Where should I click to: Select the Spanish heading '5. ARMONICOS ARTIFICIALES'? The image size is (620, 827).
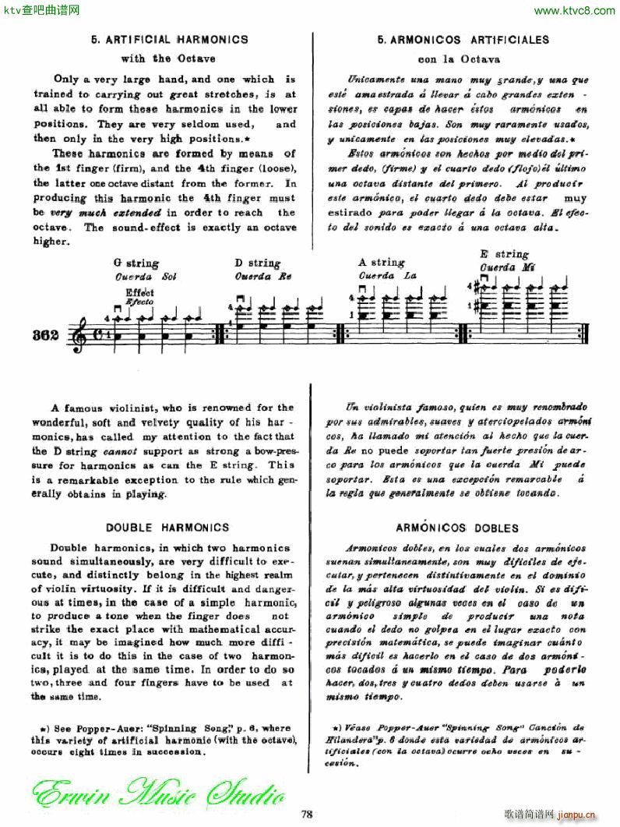click(x=463, y=40)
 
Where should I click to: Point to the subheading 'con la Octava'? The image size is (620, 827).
click(x=459, y=59)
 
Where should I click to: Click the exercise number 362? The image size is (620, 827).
click(x=46, y=336)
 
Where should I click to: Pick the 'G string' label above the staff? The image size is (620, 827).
click(x=136, y=263)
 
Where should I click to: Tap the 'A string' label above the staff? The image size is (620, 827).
click(x=382, y=263)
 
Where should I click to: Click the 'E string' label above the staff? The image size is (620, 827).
click(x=505, y=254)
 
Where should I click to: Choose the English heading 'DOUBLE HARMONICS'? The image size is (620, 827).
click(x=167, y=528)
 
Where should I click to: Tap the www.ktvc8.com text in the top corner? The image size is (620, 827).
click(x=574, y=10)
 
